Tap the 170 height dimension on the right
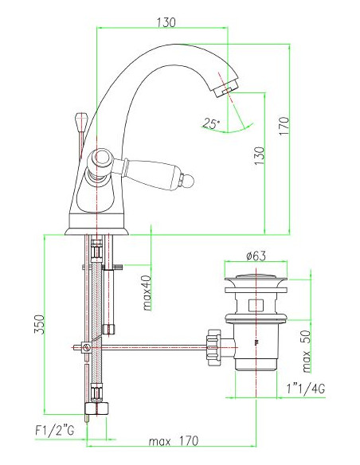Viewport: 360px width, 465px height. [x=284, y=127]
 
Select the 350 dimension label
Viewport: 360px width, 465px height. [x=40, y=324]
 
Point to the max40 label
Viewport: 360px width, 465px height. [x=147, y=293]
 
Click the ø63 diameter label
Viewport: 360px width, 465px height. [x=256, y=256]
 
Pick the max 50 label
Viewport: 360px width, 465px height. [x=307, y=352]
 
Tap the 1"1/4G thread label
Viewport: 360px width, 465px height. [x=305, y=388]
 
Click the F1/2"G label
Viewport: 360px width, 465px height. [x=55, y=430]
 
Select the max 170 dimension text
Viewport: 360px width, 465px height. [x=174, y=441]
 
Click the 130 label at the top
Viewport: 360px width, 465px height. [x=166, y=22]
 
